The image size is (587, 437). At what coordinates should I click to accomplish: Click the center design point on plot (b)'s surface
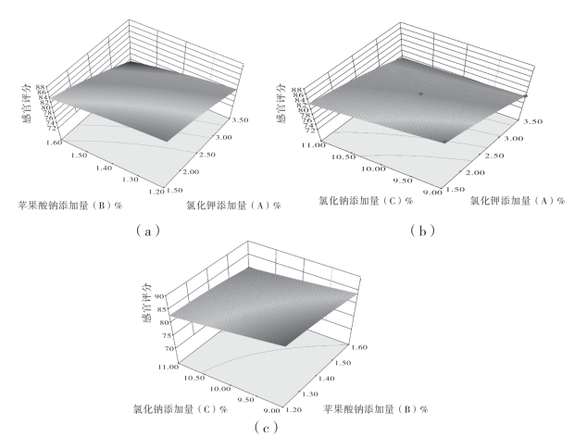[x=420, y=94]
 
